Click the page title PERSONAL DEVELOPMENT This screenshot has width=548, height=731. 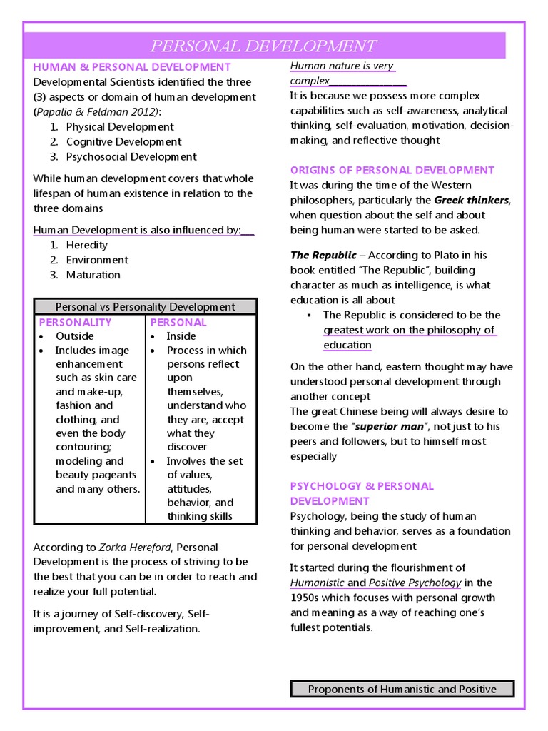click(263, 46)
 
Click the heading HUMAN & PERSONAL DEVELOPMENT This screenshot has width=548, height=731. click(132, 67)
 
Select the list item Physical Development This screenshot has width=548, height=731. click(120, 126)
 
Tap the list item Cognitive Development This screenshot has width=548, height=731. click(123, 141)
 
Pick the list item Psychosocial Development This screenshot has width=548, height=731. click(131, 156)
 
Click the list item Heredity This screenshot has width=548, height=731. click(87, 245)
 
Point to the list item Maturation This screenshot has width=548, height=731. click(93, 275)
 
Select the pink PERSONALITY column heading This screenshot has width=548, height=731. click(75, 322)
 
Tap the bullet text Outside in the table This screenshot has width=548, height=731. click(75, 336)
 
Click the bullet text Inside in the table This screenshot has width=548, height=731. click(181, 336)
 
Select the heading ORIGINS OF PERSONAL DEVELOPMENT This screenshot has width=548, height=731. click(392, 170)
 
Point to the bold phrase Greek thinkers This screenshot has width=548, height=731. click(472, 200)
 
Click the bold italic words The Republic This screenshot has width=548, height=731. click(323, 255)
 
